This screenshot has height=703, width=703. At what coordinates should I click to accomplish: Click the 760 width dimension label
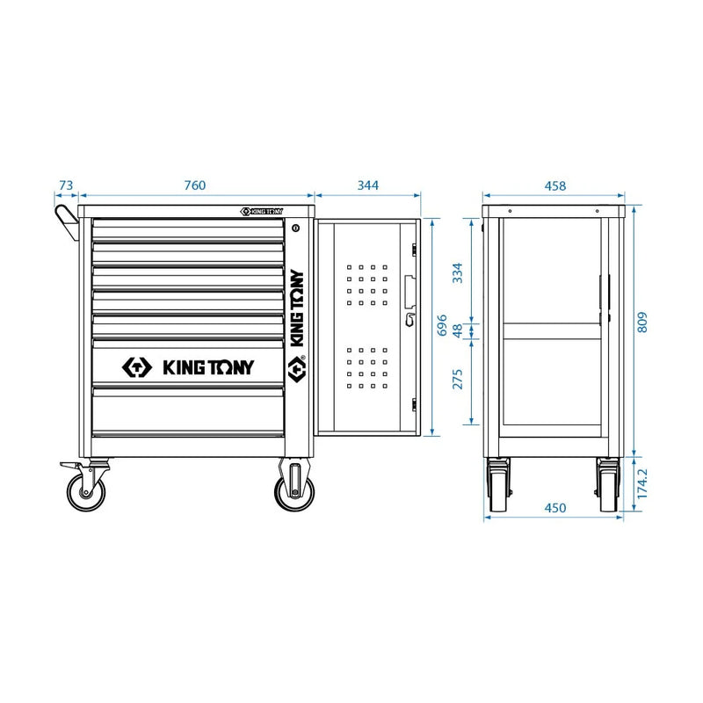coord(194,185)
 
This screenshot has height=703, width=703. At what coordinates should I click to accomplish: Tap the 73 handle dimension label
coord(65,185)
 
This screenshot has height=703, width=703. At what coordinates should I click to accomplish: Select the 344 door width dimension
coord(367,185)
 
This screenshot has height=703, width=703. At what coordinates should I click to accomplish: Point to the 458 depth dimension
coord(554,185)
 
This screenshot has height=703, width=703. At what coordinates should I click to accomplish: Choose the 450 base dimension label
coord(554,508)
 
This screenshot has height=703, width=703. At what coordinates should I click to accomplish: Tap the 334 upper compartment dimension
coord(458,272)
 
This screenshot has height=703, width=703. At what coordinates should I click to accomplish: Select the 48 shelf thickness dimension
coord(458,331)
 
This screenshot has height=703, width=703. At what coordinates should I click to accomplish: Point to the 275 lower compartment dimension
coord(458,378)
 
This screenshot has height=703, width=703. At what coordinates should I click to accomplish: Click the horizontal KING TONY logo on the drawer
coord(187,366)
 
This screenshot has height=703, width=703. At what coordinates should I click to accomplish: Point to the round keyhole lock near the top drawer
coord(296,228)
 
